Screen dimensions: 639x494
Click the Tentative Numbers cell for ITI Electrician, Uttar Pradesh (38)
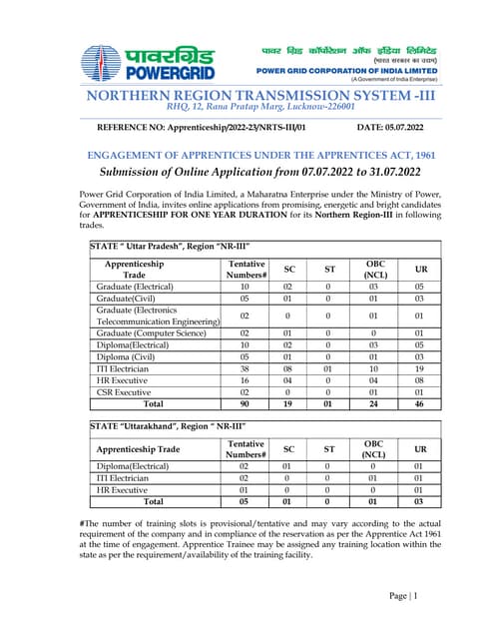click(x=246, y=368)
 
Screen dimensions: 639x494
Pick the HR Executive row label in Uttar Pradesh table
click(x=124, y=380)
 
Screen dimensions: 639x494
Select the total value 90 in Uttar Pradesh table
click(x=246, y=405)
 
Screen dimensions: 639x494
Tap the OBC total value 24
click(x=375, y=405)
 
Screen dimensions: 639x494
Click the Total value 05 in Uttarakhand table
click(x=246, y=501)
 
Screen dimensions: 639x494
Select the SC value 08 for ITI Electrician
click(x=289, y=368)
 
